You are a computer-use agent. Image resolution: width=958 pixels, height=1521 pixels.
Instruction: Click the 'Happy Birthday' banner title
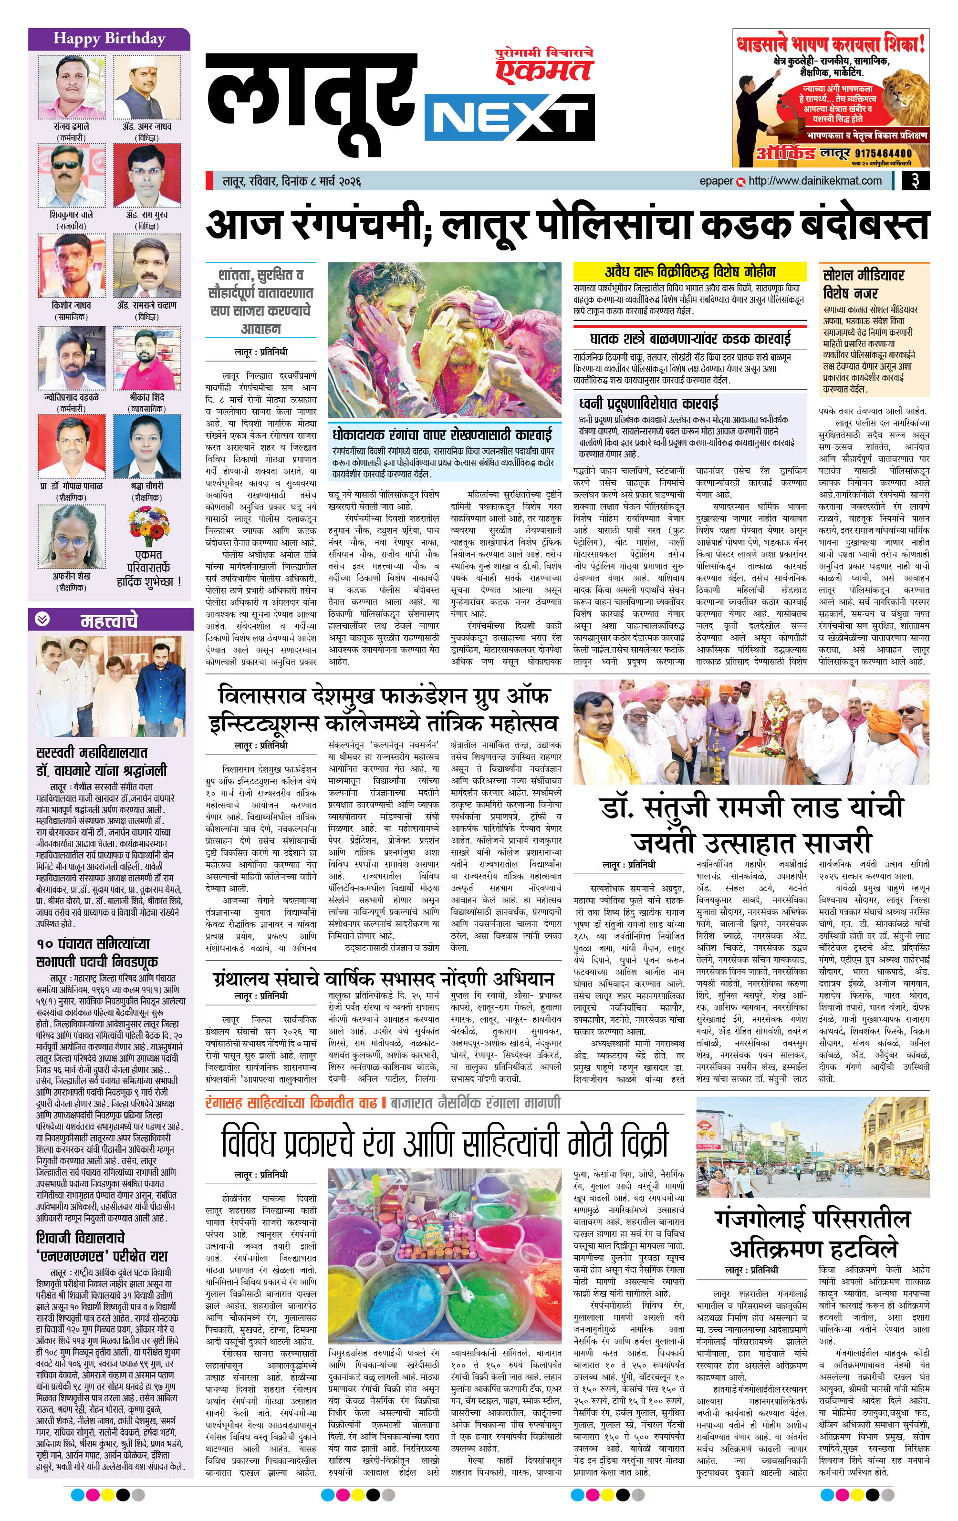[x=109, y=39]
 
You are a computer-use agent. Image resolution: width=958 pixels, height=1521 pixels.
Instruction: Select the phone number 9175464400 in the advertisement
[x=884, y=153]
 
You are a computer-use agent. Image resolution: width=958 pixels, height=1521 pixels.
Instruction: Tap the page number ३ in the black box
[x=915, y=181]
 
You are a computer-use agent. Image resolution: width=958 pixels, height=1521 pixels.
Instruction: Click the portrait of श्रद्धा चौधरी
[x=146, y=446]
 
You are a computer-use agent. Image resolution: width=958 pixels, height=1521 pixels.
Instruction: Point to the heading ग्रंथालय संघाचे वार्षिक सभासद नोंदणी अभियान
[x=382, y=980]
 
